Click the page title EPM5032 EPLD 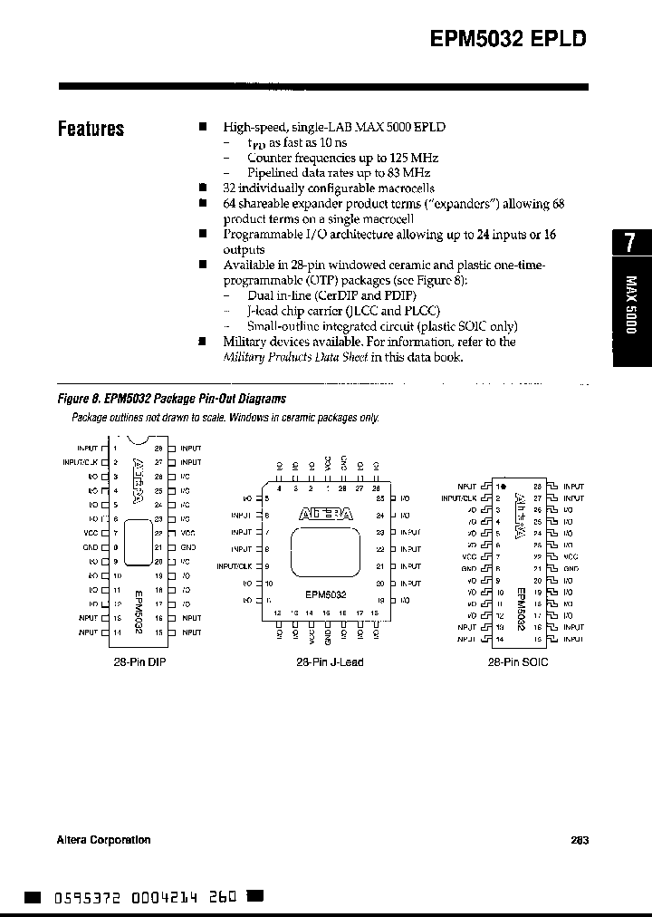pyautogui.click(x=507, y=39)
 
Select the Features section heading pyautogui.click(x=91, y=129)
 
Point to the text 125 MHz pyautogui.click(x=404, y=158)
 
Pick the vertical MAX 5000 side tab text pyautogui.click(x=632, y=304)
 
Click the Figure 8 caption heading pyautogui.click(x=171, y=399)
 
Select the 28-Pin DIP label pyautogui.click(x=140, y=662)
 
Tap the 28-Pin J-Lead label pyautogui.click(x=330, y=662)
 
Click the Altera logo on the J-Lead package pyautogui.click(x=325, y=514)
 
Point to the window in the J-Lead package pyautogui.click(x=324, y=552)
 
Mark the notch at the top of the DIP pyautogui.click(x=139, y=441)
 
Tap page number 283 pyautogui.click(x=580, y=840)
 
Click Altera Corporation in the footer pyautogui.click(x=103, y=840)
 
